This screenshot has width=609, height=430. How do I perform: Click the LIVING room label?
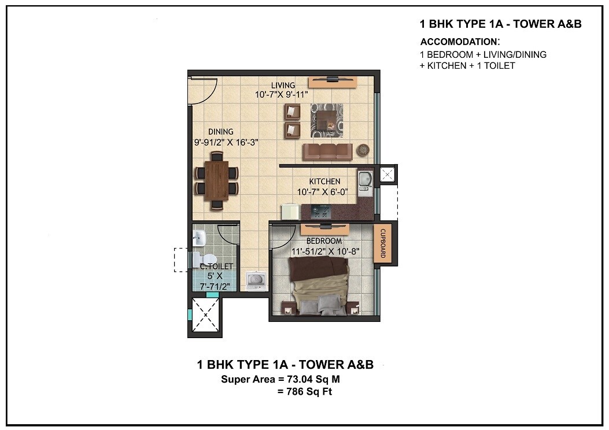(x=283, y=86)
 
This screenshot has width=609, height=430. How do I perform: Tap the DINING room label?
(x=221, y=132)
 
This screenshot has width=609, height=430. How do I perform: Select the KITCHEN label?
(x=324, y=181)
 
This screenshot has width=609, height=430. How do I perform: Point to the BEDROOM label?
(x=324, y=240)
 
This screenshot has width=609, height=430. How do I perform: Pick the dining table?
(x=216, y=180)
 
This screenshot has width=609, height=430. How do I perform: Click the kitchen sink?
(x=364, y=180)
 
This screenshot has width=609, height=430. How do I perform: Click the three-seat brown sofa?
(x=327, y=152)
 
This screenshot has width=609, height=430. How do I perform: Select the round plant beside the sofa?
(x=363, y=150)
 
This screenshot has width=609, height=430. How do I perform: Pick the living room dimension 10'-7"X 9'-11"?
(x=282, y=94)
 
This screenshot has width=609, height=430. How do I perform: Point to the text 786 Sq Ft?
(x=305, y=392)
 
